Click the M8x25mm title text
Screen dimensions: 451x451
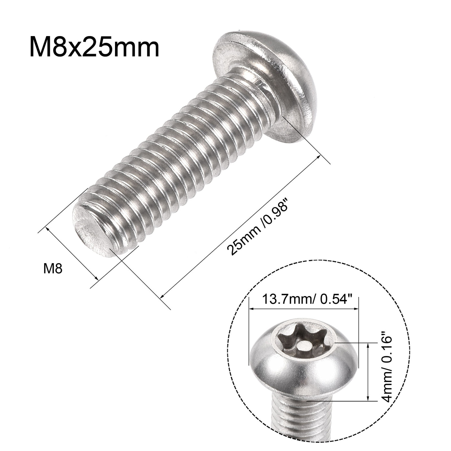94,47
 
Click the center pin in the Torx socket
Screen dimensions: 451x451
302,347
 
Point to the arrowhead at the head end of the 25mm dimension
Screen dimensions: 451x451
319,157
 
